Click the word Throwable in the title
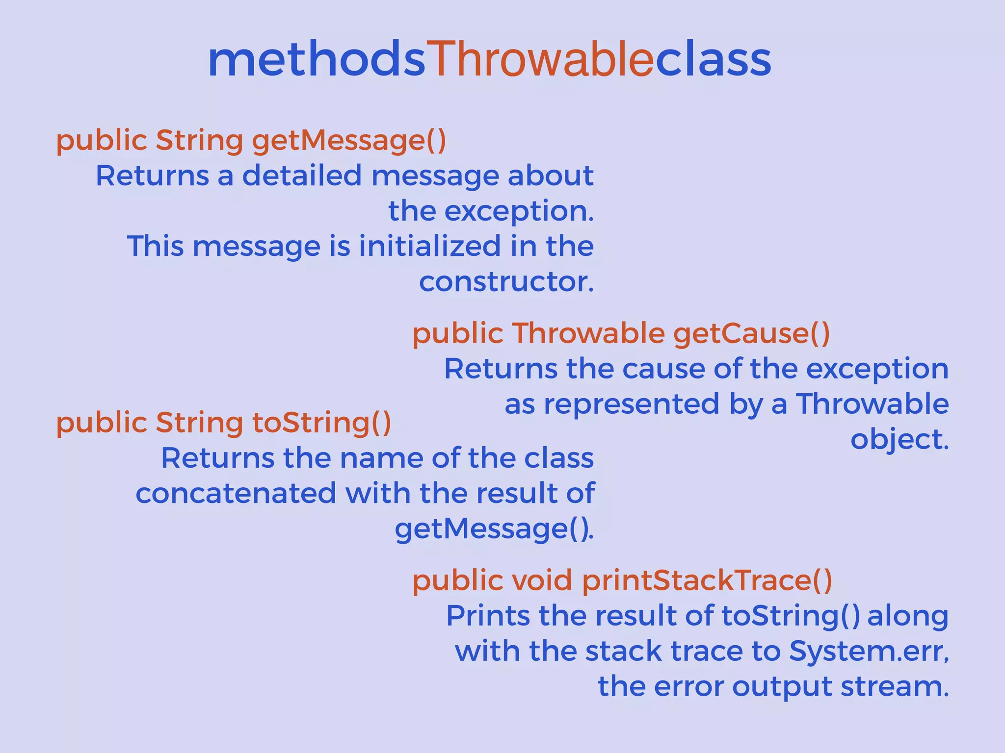[540, 60]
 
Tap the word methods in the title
[317, 60]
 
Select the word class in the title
[713, 60]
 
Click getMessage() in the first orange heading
[349, 141]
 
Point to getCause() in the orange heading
[751, 334]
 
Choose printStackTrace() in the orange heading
[707, 581]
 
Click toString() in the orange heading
[321, 423]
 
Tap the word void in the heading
[542, 581]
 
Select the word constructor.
[506, 282]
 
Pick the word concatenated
[236, 494]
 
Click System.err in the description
[868, 652]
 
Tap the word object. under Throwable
[899, 439]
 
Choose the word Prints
[488, 616]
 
